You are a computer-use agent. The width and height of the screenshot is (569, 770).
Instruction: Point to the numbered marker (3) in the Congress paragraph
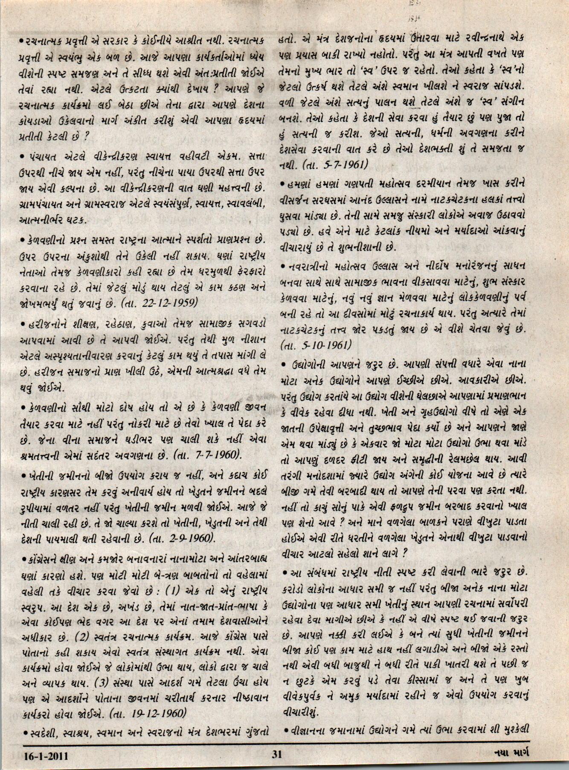pyautogui.click(x=104, y=687)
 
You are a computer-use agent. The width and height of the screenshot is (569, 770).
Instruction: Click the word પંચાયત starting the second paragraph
pyautogui.click(x=41, y=156)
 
